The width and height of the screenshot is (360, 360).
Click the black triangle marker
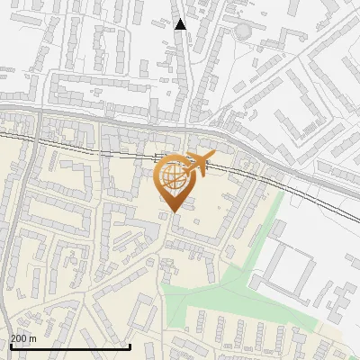pyautogui.click(x=181, y=24)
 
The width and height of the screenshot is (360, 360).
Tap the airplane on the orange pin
pyautogui.click(x=196, y=165)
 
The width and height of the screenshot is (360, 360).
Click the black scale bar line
pyautogui.click(x=70, y=346)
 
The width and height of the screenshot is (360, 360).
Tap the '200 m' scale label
pyautogui.click(x=24, y=338)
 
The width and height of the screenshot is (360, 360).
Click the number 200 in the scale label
pyautogui.click(x=20, y=338)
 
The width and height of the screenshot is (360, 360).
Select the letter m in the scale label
pyautogui.click(x=33, y=338)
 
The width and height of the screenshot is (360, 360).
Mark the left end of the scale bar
pyautogui.click(x=10, y=346)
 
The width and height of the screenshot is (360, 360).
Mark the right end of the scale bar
pyautogui.click(x=130, y=346)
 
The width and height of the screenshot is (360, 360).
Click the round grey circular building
pyautogui.click(x=243, y=31)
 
